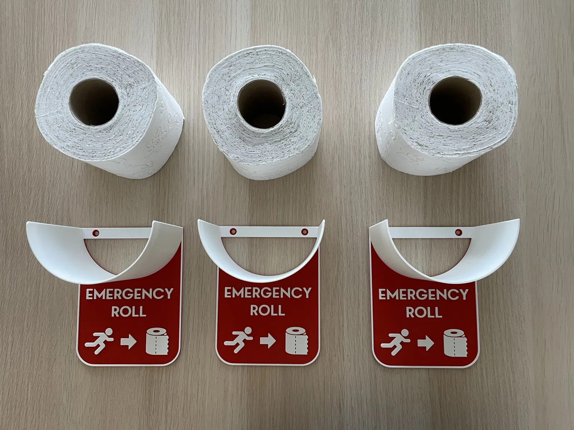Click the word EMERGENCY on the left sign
(129, 294)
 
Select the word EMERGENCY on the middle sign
(268, 293)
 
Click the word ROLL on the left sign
(129, 311)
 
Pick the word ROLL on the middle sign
(268, 310)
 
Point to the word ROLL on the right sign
(424, 311)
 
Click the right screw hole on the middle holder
(305, 231)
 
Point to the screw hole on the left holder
(97, 232)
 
